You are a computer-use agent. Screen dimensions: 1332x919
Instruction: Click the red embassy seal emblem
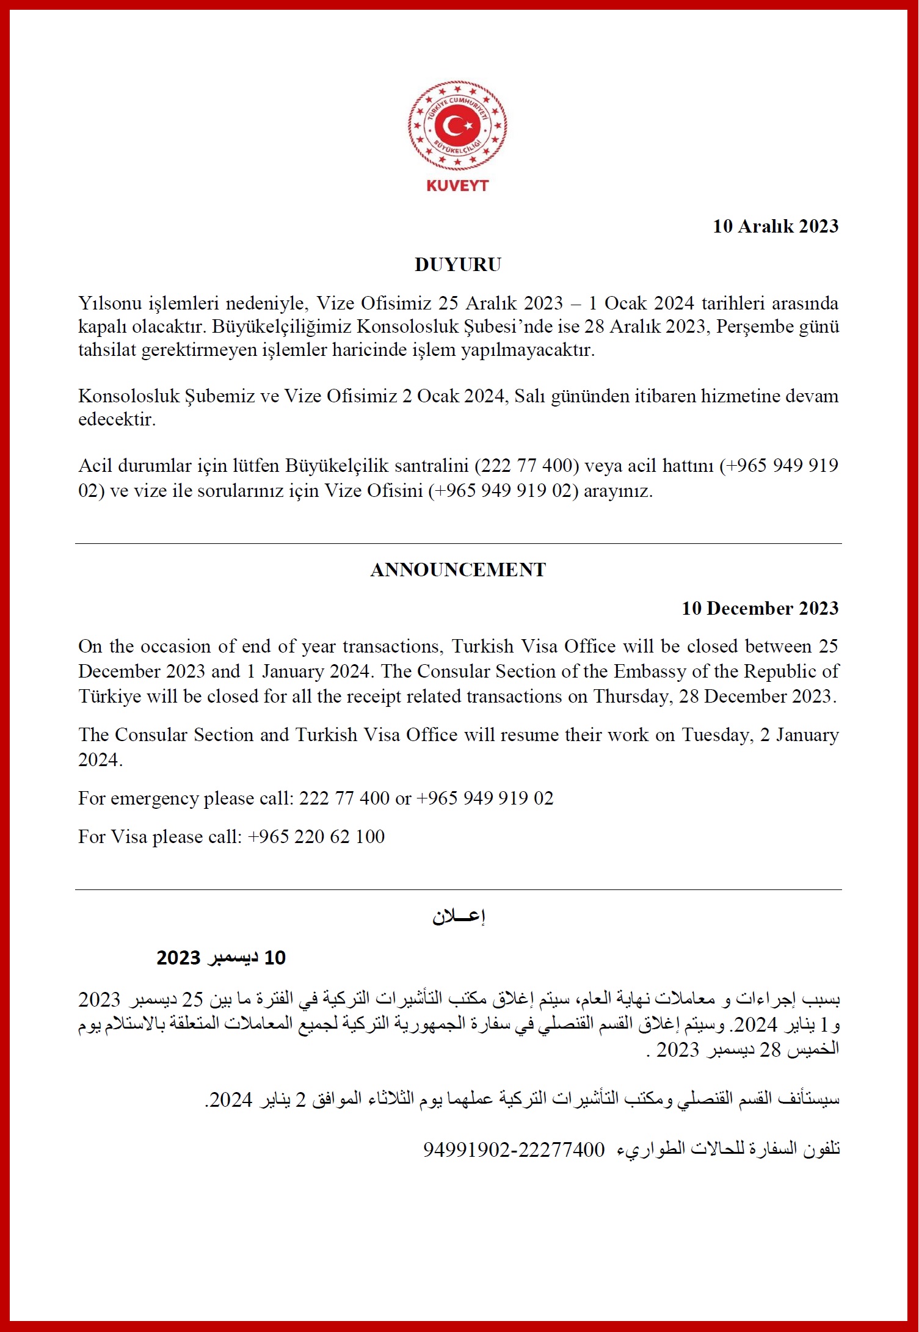tap(457, 126)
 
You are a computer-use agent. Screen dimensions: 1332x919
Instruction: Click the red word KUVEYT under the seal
tap(457, 186)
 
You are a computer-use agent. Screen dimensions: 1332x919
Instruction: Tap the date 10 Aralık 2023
tap(776, 226)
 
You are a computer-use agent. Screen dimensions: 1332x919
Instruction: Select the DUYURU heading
tap(458, 264)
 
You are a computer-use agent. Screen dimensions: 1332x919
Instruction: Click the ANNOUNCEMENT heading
tap(458, 570)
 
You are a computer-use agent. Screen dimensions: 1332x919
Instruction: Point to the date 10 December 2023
tap(760, 608)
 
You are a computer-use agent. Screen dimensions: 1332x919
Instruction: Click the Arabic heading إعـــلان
tap(459, 916)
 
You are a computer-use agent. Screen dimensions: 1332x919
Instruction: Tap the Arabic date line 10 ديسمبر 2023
tap(221, 957)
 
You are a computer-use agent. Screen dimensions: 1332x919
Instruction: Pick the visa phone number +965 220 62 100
tap(316, 837)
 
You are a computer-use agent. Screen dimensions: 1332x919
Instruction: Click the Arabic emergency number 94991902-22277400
tap(514, 1149)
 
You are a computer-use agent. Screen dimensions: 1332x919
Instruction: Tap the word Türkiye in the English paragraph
tap(110, 697)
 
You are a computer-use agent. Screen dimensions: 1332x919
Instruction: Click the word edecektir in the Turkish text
tap(117, 419)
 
